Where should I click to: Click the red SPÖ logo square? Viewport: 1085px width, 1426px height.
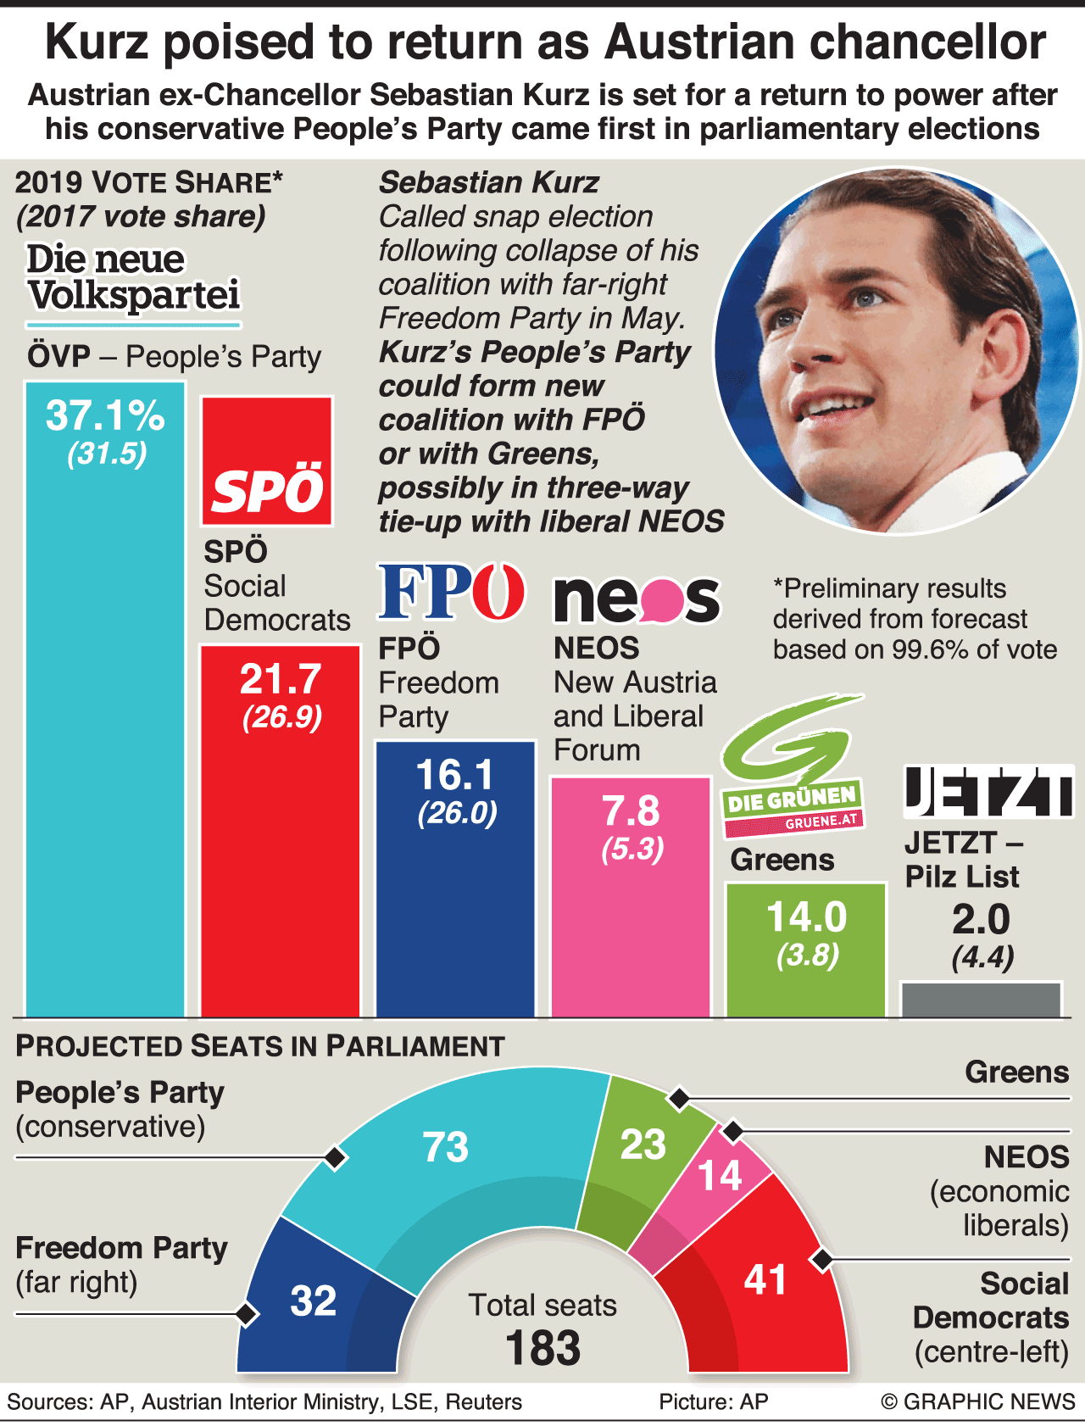(267, 460)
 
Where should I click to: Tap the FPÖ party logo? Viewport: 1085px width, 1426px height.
(451, 591)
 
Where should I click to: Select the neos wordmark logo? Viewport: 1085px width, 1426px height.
(637, 598)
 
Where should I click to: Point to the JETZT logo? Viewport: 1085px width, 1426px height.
(988, 792)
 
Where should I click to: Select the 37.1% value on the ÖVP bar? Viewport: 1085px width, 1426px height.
(105, 415)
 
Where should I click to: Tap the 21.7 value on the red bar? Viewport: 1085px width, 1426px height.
(281, 679)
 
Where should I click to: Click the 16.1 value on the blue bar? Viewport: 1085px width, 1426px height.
(455, 775)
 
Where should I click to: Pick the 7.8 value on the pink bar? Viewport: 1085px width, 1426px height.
(631, 811)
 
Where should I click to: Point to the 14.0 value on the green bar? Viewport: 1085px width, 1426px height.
(806, 917)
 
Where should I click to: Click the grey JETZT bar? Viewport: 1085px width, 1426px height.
(981, 1000)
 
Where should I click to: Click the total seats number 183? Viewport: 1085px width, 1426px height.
(542, 1347)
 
